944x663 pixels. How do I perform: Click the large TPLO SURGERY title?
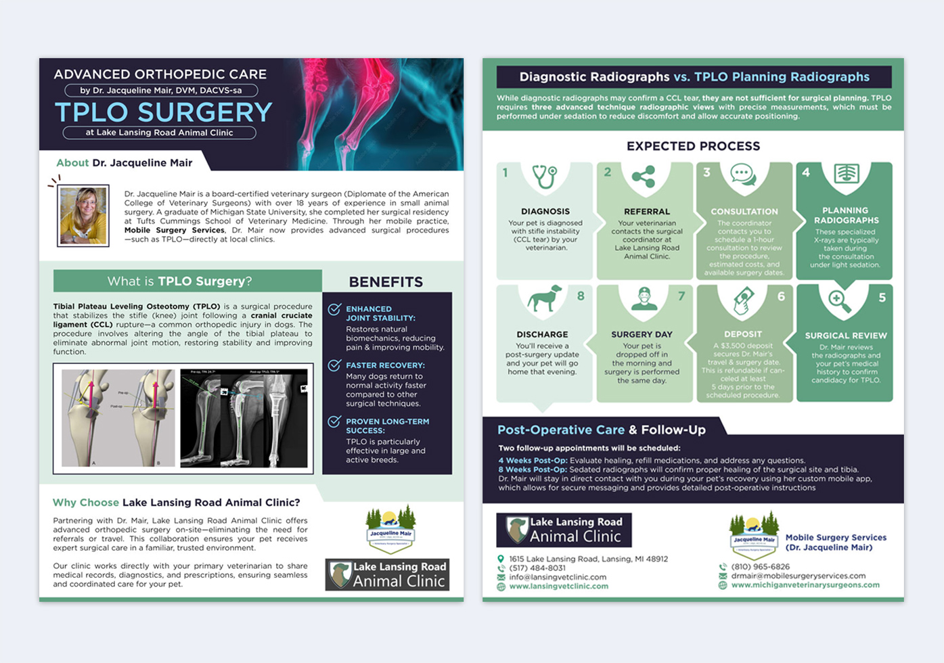click(x=163, y=112)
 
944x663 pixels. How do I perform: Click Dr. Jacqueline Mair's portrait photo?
click(x=83, y=215)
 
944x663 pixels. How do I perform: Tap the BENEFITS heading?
click(x=386, y=282)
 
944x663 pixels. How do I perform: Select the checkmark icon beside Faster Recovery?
click(x=334, y=365)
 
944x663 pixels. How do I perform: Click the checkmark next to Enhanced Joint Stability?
click(x=334, y=309)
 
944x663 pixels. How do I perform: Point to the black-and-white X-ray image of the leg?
click(x=244, y=417)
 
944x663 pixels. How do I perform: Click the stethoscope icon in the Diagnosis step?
click(x=544, y=177)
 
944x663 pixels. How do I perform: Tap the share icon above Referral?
click(x=643, y=177)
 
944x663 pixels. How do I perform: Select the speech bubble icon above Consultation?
click(x=743, y=175)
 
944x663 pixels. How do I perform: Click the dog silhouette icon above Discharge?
click(x=545, y=298)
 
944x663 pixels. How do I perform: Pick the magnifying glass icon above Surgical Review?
click(x=840, y=300)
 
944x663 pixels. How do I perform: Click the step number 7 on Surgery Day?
click(x=681, y=296)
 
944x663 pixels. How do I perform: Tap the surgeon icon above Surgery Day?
click(x=644, y=298)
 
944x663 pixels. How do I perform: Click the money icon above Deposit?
click(x=744, y=300)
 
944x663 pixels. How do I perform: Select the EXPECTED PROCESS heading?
click(x=693, y=146)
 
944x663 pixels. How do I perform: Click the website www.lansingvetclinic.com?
click(x=558, y=587)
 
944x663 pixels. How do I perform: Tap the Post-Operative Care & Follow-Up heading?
click(x=601, y=430)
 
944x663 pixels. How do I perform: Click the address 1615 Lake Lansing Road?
click(x=588, y=559)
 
